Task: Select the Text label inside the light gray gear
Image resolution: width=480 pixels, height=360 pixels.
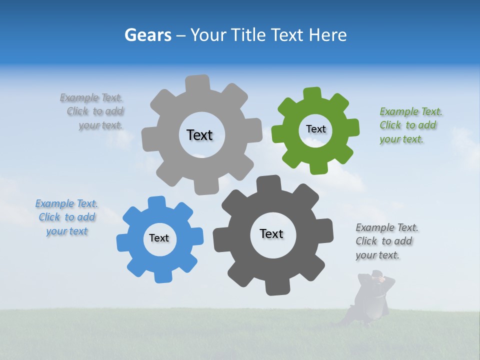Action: (x=199, y=135)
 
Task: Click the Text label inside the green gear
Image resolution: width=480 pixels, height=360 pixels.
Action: (x=315, y=129)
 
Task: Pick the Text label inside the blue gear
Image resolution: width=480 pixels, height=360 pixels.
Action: (x=159, y=238)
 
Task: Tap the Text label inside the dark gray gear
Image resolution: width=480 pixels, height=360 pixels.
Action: (x=271, y=234)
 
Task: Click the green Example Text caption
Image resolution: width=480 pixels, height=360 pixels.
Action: (x=410, y=125)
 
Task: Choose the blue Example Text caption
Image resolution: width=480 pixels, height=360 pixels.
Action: (x=66, y=217)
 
